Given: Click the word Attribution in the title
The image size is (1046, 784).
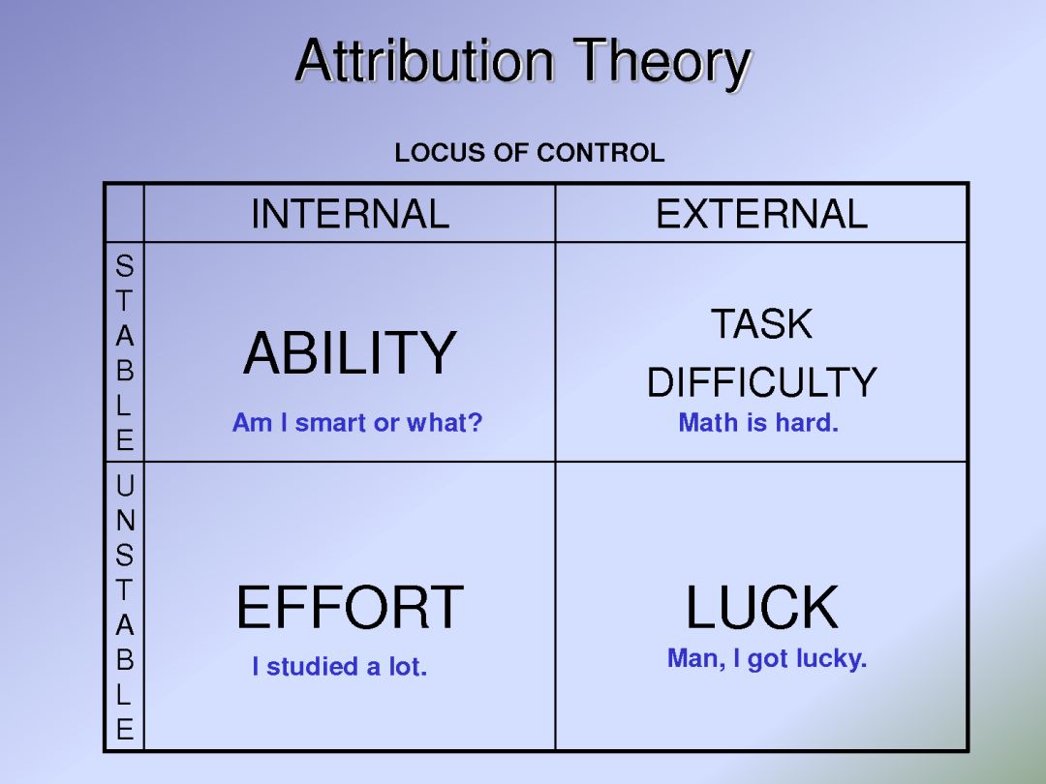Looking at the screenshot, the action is (x=424, y=61).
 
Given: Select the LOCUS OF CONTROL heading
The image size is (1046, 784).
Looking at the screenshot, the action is (x=530, y=153).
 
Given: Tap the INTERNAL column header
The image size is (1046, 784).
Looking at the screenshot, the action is (x=350, y=214).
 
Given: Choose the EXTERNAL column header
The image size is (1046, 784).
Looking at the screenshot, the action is (x=761, y=214).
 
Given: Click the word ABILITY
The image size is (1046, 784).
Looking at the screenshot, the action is (x=351, y=352).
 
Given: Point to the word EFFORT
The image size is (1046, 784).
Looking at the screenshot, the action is (x=350, y=607).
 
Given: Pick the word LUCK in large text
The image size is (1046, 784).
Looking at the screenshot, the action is (x=762, y=607).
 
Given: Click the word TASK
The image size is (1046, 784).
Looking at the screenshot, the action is (x=761, y=324).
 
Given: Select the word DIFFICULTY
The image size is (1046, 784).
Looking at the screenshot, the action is (x=762, y=382).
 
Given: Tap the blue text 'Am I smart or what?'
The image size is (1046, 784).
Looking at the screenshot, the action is (x=356, y=422).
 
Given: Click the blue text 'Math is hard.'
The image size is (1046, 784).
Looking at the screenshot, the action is (x=757, y=422).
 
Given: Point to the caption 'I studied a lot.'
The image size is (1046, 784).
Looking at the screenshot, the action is (x=340, y=666).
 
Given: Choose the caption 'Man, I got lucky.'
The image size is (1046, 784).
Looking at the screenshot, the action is (x=767, y=659).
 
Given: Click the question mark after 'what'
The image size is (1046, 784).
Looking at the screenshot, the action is (x=475, y=422).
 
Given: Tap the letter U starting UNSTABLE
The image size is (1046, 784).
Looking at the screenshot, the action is (x=125, y=485).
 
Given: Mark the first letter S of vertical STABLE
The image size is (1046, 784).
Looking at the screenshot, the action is (x=125, y=266).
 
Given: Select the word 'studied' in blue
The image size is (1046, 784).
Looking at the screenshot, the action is (x=312, y=666).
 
